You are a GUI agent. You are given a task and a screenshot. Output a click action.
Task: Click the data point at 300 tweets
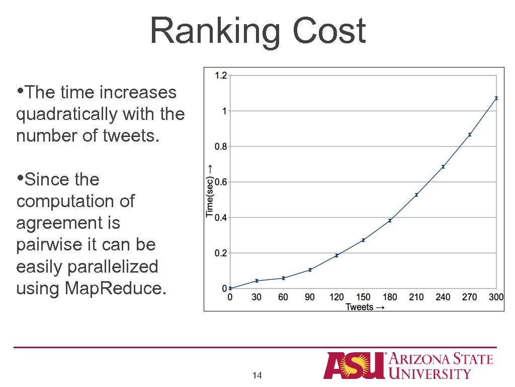tap(496, 98)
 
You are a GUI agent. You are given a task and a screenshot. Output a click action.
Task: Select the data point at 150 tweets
tap(363, 240)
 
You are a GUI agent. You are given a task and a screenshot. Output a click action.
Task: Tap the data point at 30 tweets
tap(256, 281)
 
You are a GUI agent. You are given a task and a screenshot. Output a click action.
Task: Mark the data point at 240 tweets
tap(443, 167)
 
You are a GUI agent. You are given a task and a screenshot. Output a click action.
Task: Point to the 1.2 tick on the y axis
tap(221, 76)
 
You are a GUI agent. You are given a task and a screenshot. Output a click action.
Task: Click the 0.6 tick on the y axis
tap(221, 182)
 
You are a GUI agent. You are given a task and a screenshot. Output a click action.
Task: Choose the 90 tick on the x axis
tap(310, 297)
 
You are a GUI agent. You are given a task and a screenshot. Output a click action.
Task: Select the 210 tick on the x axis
tap(416, 297)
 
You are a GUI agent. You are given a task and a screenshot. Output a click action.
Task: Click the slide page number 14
tap(257, 375)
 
